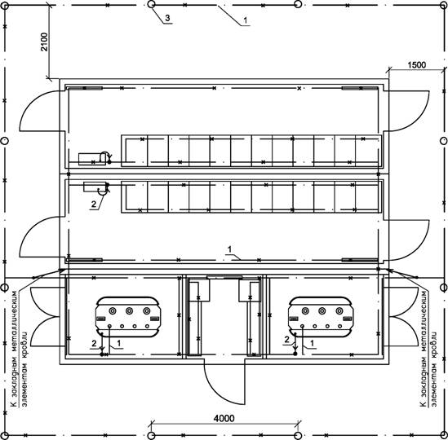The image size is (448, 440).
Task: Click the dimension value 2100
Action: (x=44, y=42)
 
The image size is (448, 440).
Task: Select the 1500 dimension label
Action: (x=416, y=65)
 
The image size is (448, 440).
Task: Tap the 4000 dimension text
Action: (x=224, y=418)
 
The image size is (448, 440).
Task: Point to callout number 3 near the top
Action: (x=167, y=18)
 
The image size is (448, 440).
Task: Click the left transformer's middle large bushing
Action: (x=130, y=310)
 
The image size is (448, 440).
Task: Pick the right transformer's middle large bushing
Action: (x=322, y=310)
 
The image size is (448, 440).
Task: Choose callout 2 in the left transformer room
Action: (x=94, y=344)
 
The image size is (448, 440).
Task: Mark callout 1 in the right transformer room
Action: (x=313, y=343)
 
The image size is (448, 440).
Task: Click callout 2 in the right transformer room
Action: (x=287, y=340)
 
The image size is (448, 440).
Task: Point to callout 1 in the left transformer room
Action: (x=119, y=343)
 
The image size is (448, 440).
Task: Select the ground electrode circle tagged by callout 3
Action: (x=152, y=4)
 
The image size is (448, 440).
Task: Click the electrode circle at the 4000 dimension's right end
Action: (x=298, y=435)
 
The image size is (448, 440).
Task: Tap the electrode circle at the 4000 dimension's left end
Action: (x=152, y=435)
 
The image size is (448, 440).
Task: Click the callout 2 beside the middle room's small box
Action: (x=94, y=205)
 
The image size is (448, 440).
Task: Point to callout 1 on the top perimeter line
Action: (x=245, y=20)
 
